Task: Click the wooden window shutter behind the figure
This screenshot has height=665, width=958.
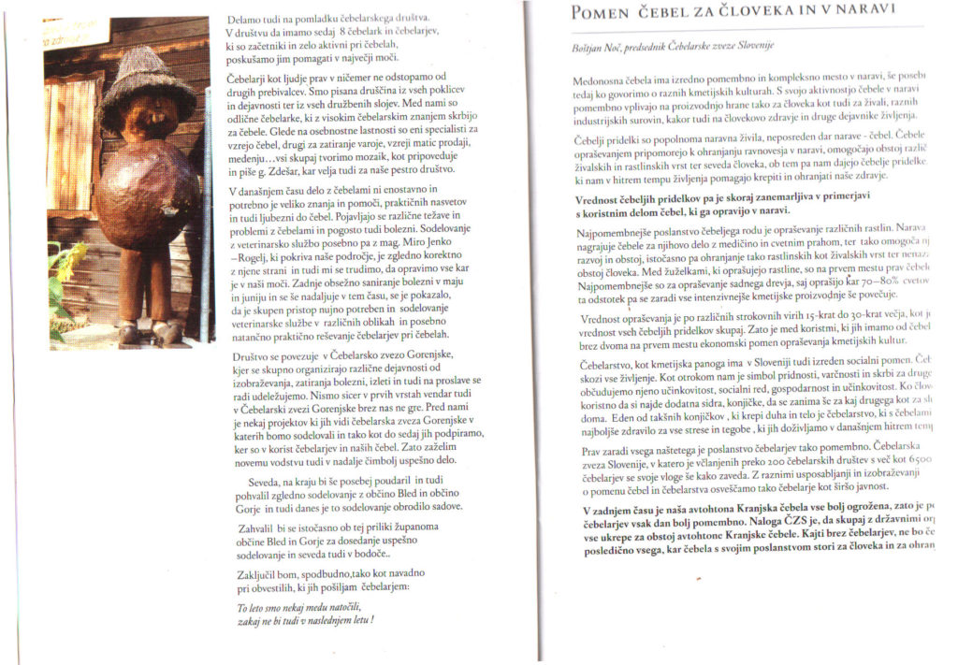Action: tap(69, 141)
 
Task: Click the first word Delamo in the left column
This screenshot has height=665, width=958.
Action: tap(246, 19)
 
